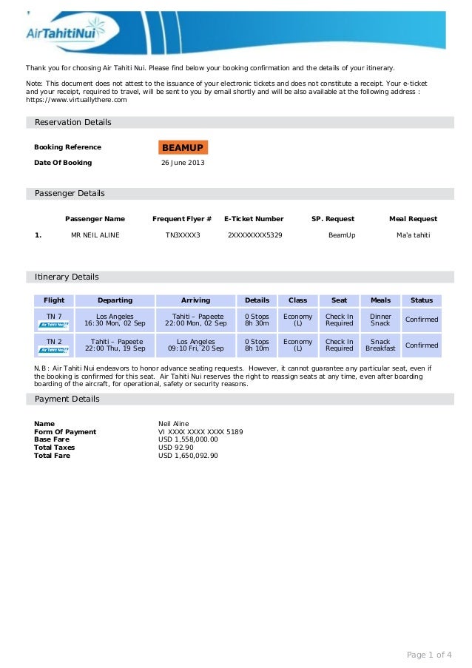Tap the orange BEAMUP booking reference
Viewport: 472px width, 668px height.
point(183,147)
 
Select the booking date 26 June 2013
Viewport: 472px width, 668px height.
point(183,163)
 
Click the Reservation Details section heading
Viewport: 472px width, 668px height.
point(73,122)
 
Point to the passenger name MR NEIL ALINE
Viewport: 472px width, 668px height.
point(95,235)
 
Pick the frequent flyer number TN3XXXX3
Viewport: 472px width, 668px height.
point(183,235)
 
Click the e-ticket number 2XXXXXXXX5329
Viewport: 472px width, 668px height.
point(254,235)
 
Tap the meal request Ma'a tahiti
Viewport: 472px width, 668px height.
point(413,235)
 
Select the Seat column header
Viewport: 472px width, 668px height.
point(340,300)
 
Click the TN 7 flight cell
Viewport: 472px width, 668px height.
point(54,320)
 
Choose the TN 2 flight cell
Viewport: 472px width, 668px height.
point(54,345)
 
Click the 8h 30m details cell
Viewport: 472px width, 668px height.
point(257,320)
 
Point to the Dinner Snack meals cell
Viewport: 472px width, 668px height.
point(380,320)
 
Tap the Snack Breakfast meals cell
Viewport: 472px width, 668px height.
point(380,345)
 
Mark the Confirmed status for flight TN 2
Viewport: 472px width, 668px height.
point(422,345)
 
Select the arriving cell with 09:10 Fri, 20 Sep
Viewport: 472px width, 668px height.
point(196,345)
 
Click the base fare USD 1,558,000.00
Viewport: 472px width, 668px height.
point(189,439)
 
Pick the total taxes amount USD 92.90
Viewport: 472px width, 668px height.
point(176,448)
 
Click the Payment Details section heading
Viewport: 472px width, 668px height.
point(67,399)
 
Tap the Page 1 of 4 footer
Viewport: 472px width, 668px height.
point(429,655)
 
